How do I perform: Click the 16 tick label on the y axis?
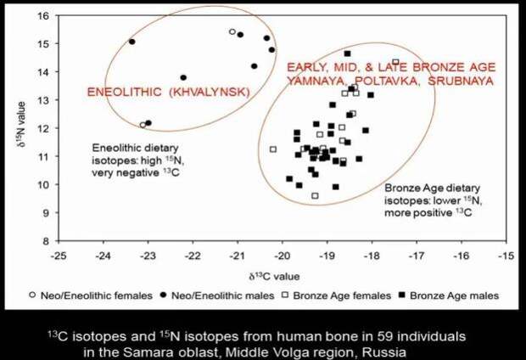coord(44,16)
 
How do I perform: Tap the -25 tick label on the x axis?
coord(59,256)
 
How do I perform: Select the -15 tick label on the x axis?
coord(506,256)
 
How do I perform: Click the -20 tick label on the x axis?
coord(283,256)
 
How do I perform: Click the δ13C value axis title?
coord(274,277)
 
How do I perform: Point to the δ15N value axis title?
coord(21,125)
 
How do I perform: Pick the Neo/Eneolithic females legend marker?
coord(32,295)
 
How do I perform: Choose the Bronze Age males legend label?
coord(454,295)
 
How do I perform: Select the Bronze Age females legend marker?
coord(285,295)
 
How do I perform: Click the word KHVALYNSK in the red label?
coord(210,92)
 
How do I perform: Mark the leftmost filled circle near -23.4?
coord(132,42)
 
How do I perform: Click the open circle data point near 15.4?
coord(232,31)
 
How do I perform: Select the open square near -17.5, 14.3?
coord(395,62)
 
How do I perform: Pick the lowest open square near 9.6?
coord(315,196)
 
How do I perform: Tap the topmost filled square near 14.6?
coord(348,53)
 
